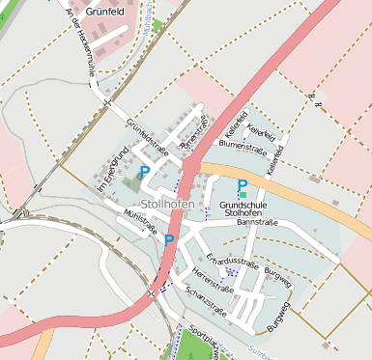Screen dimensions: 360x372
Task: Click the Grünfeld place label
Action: click(107, 13)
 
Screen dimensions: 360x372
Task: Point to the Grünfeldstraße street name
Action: click(147, 137)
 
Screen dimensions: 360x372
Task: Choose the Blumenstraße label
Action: click(243, 146)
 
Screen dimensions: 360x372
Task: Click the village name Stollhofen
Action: click(167, 204)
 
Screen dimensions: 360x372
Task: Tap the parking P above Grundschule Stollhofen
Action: click(243, 184)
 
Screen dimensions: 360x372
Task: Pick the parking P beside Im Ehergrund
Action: click(144, 172)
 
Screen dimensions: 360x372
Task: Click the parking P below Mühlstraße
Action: click(169, 239)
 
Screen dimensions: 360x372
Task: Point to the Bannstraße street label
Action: click(257, 223)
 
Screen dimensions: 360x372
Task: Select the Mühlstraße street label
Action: click(141, 223)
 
